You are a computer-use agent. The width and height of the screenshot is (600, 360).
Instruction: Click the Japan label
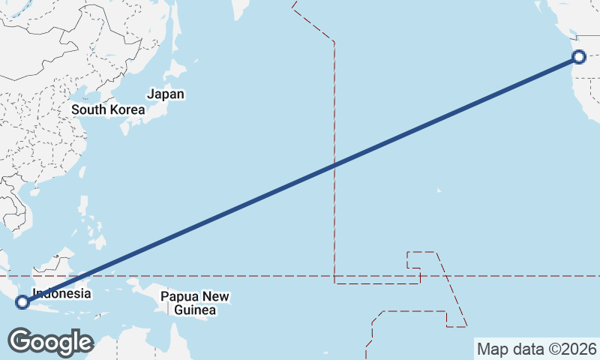click(x=166, y=94)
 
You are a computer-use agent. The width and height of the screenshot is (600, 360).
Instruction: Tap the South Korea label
click(x=107, y=109)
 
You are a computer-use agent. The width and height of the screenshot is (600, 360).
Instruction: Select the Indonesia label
click(x=61, y=294)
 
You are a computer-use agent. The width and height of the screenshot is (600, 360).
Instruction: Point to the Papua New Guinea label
click(x=194, y=303)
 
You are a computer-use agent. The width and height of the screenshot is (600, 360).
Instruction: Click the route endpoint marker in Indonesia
click(x=22, y=302)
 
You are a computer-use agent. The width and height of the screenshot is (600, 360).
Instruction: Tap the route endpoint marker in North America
click(x=577, y=57)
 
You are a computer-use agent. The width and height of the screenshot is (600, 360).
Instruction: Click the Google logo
click(x=50, y=342)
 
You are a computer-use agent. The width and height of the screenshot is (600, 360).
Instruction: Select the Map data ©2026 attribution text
click(x=536, y=349)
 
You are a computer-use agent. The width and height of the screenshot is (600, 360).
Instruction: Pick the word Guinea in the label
click(x=194, y=310)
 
